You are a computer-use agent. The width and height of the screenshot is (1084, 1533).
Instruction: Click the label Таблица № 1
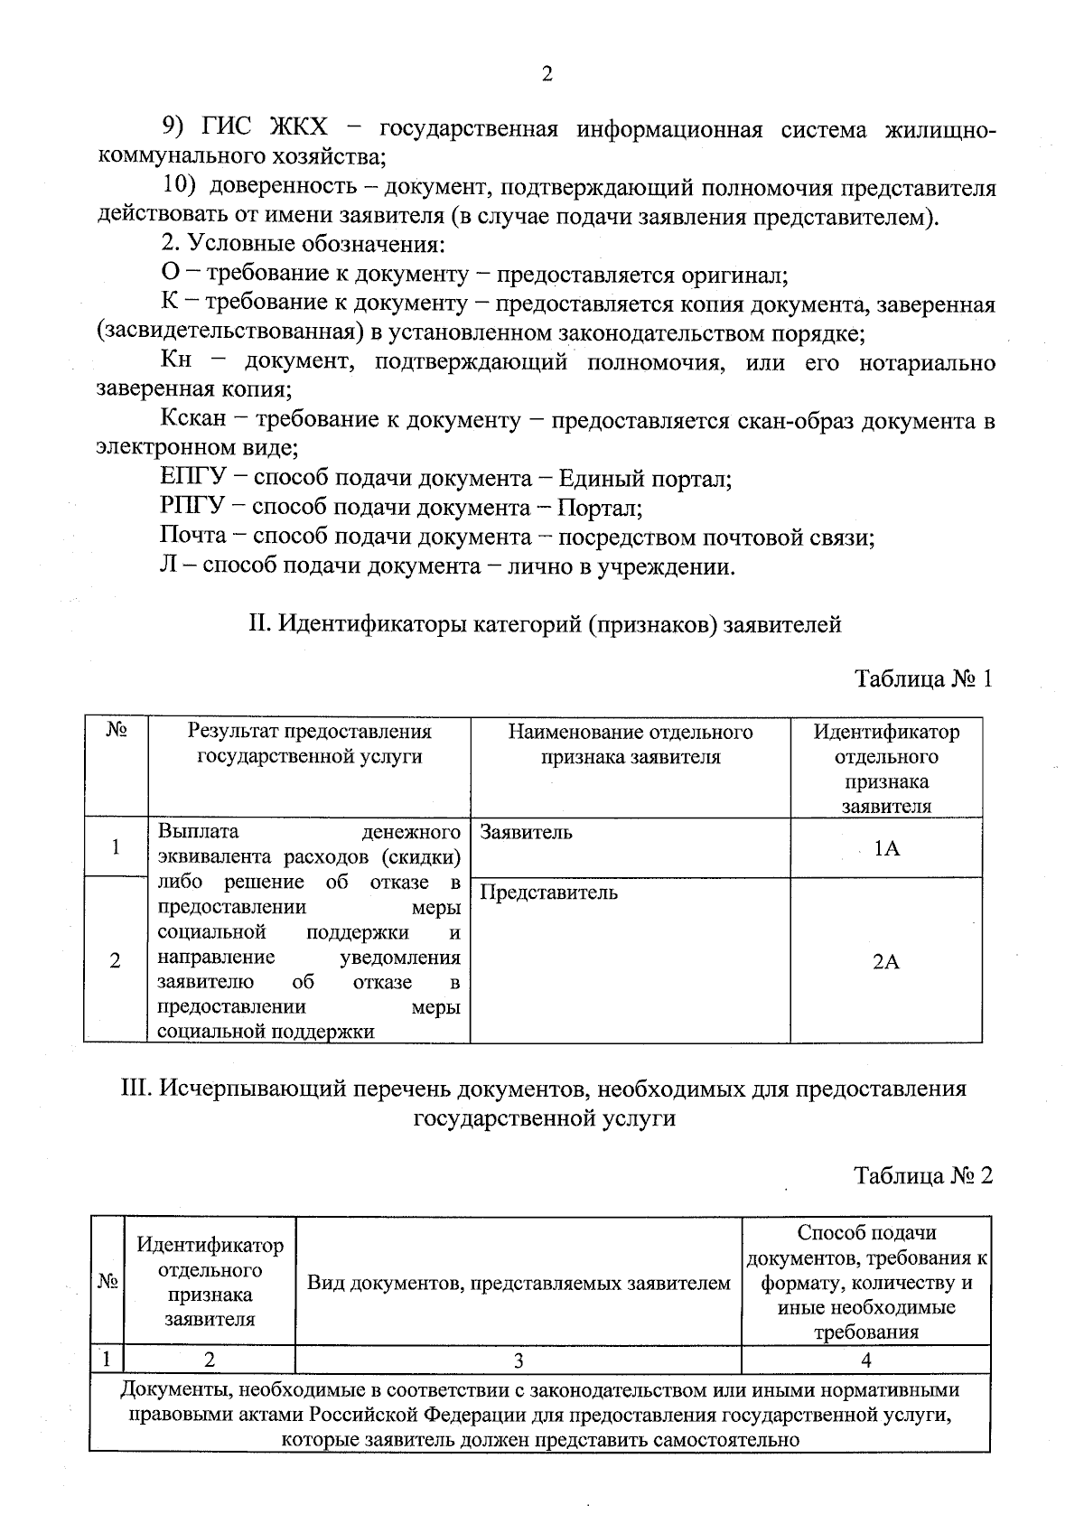coord(924,678)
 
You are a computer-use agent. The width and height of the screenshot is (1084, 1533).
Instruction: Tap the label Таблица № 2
coord(923,1175)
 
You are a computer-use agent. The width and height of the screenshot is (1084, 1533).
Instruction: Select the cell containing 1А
coord(886,848)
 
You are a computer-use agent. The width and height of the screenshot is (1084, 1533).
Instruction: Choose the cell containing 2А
coord(886,961)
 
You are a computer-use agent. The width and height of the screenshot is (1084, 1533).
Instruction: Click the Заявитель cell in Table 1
coord(630,846)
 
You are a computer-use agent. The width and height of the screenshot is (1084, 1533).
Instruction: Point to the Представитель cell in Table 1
coord(630,959)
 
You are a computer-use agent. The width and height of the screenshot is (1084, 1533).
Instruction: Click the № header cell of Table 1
coord(116,766)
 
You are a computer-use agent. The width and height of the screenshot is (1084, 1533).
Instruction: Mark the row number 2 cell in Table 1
coord(116,961)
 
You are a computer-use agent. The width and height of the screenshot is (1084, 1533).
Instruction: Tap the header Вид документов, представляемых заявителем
coord(519,1283)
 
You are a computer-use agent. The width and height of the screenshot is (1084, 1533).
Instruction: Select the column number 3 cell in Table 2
coord(519,1360)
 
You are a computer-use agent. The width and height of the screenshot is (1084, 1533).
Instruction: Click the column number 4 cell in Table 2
coord(866,1360)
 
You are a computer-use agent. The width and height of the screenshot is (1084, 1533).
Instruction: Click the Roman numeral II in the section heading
coord(257,624)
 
